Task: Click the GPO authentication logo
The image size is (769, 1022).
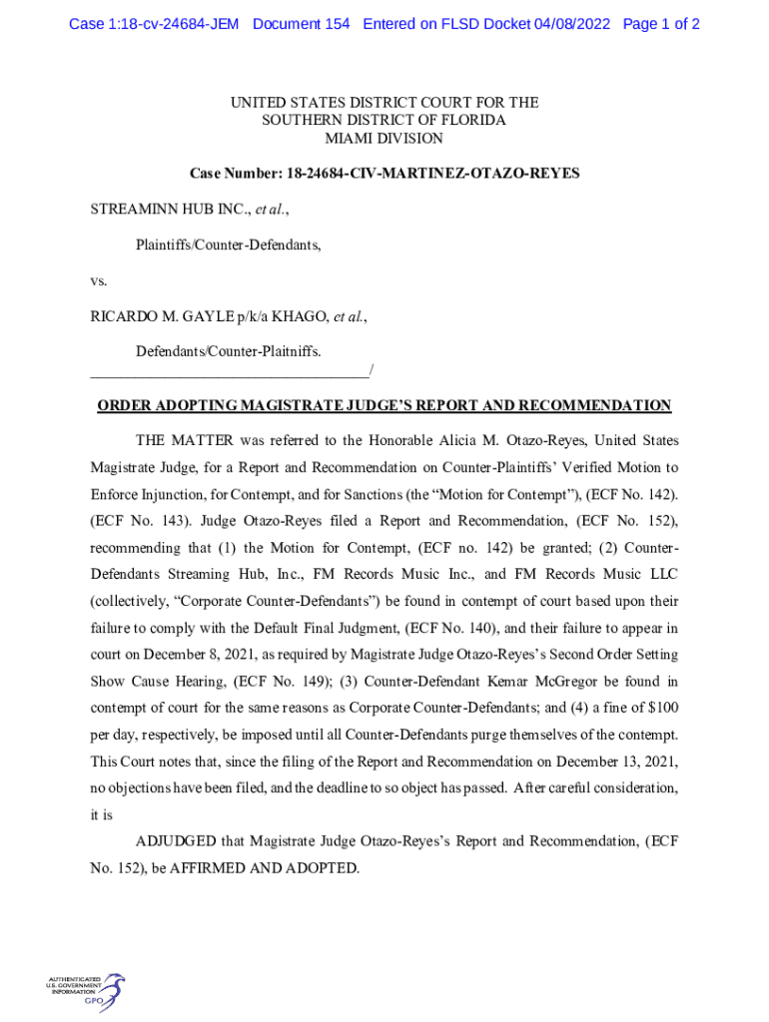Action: click(85, 991)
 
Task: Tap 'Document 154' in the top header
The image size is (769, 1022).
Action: click(302, 24)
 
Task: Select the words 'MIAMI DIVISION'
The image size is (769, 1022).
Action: click(384, 138)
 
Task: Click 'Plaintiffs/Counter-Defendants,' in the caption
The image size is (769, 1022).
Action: click(229, 245)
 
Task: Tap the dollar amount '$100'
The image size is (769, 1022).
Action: click(660, 709)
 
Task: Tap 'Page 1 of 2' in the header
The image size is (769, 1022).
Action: click(661, 24)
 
